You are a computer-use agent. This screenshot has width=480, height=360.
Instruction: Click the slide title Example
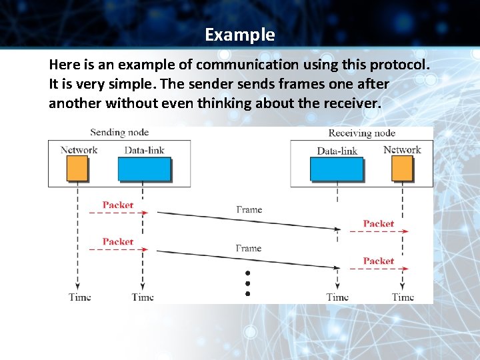coord(239,35)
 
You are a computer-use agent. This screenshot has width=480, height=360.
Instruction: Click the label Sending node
coord(119,132)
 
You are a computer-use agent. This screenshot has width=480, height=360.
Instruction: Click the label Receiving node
coord(362,133)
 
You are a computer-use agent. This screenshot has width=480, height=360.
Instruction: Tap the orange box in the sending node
coord(77,169)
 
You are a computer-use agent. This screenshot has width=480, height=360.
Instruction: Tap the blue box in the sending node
coord(144,169)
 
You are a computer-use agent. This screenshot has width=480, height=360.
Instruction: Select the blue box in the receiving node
coord(337,169)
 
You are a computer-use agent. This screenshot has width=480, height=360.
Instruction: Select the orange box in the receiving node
coord(402,169)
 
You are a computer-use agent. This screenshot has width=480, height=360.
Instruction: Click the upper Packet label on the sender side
coord(118,205)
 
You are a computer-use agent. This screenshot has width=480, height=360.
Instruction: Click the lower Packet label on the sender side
coord(118,241)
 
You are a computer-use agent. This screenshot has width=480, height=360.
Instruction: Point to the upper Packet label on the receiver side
coord(379,224)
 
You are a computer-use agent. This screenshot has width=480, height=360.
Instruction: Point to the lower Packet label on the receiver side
coord(379,261)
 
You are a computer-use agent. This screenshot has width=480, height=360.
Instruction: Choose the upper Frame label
coord(249,210)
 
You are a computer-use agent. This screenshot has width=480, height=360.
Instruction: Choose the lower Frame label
coord(249,248)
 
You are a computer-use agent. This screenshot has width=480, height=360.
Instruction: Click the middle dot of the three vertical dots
coord(247,283)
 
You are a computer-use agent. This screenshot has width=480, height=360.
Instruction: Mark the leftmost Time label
coord(79,297)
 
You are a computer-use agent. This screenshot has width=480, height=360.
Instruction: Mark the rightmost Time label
coord(403,297)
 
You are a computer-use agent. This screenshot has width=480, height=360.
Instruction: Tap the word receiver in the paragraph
coord(354,103)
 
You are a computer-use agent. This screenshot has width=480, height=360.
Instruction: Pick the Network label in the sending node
coord(79,150)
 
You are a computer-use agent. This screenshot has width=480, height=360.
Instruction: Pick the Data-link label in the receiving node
coord(337,151)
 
